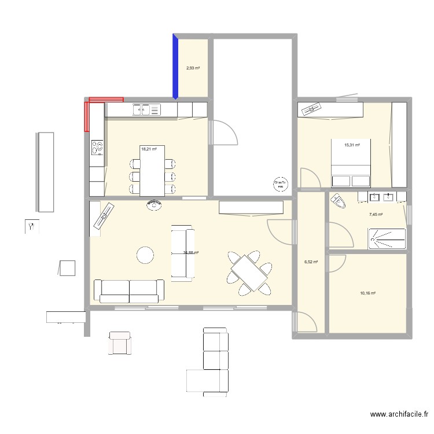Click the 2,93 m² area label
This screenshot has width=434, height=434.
pyautogui.click(x=193, y=68)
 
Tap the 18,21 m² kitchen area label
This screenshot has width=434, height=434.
pyautogui.click(x=148, y=149)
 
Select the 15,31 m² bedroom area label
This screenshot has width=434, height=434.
pyautogui.click(x=352, y=145)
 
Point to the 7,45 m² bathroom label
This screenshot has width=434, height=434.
pyautogui.click(x=376, y=214)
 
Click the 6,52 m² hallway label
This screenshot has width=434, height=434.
pyautogui.click(x=311, y=262)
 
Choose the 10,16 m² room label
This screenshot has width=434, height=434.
pyautogui.click(x=367, y=293)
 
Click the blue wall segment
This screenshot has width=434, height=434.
pyautogui.click(x=175, y=67)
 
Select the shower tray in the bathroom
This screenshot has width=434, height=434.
pyautogui.click(x=387, y=237)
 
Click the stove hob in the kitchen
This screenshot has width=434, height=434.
pyautogui.click(x=97, y=149)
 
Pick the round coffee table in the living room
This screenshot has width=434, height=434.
pyautogui.click(x=144, y=255)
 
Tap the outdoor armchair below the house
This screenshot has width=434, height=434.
pyautogui.click(x=120, y=343)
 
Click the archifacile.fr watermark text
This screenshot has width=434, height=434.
pyautogui.click(x=399, y=414)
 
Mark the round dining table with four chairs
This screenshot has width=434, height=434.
pyautogui.click(x=249, y=270)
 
